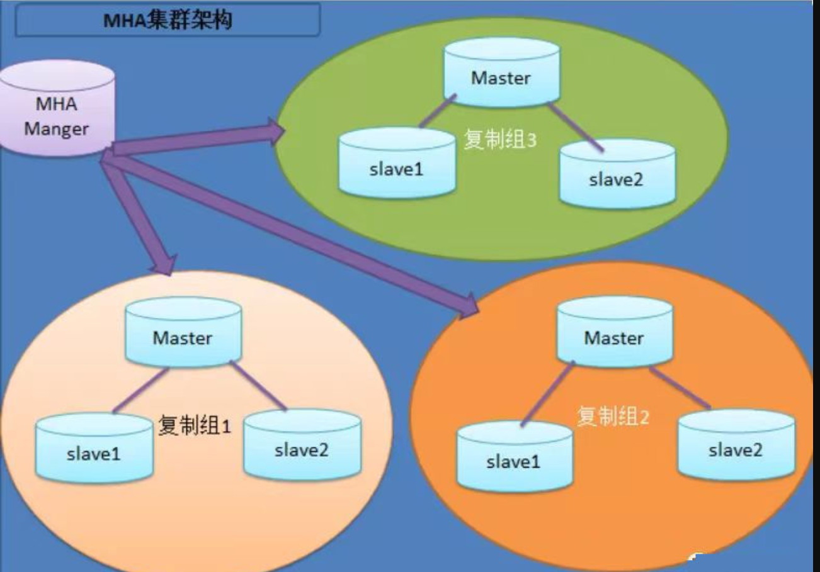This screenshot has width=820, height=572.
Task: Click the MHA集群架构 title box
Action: [168, 20]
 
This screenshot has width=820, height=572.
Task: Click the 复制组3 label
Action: [500, 139]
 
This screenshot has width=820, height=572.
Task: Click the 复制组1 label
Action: [195, 426]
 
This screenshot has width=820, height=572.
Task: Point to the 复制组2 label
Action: [612, 416]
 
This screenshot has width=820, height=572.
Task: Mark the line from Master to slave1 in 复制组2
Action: [547, 394]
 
